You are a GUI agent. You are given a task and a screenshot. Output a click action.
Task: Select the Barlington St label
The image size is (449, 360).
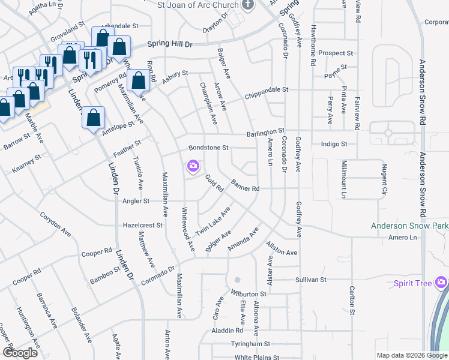click(x=264, y=131)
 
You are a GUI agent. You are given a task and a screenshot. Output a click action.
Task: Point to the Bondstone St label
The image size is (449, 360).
click(x=209, y=148)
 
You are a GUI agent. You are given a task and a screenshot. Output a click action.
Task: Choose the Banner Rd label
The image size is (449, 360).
click(x=245, y=188)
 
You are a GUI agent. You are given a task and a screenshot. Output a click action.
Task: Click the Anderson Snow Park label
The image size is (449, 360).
click(x=409, y=226)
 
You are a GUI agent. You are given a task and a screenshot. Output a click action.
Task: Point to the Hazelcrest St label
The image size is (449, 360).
click(x=143, y=225)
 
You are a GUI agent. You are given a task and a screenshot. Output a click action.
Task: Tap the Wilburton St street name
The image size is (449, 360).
click(x=249, y=294)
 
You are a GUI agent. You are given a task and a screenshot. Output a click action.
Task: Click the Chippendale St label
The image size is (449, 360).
click(x=267, y=90)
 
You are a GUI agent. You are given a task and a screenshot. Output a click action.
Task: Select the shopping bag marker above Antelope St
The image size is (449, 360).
click(x=94, y=118)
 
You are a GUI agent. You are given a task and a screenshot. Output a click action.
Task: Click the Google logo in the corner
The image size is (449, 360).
click(x=20, y=353)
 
